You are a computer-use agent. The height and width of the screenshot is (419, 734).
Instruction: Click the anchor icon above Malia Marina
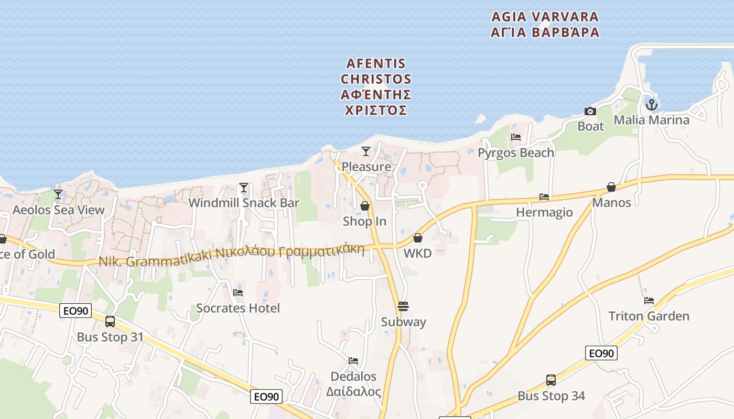point(651,105)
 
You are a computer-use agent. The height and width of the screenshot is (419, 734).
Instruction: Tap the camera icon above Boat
point(590,111)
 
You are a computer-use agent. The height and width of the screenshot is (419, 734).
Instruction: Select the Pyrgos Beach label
point(516,153)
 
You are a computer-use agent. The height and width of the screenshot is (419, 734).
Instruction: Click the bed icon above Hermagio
point(544,197)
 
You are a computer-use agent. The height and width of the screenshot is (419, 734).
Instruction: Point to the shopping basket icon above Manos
point(611,187)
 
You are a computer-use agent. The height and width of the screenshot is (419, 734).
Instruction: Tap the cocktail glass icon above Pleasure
point(366,151)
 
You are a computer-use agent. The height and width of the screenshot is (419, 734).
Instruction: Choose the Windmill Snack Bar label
point(244,203)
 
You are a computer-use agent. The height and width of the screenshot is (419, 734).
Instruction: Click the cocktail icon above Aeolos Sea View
point(58,194)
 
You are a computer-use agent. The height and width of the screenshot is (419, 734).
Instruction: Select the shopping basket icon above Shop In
point(365,206)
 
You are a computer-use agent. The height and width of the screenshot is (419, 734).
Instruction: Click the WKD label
point(418,253)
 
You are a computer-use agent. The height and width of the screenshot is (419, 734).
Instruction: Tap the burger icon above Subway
point(403,306)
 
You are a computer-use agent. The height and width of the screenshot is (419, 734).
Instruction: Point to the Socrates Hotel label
point(238,308)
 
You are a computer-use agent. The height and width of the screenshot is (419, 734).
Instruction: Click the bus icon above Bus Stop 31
point(110,322)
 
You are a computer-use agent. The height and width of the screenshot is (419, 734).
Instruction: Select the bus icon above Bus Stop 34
point(551,380)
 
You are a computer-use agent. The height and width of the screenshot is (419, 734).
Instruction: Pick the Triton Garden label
point(649,316)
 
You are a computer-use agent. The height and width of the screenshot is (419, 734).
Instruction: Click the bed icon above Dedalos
point(353,361)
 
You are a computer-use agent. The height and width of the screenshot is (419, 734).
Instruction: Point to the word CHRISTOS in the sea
point(376,79)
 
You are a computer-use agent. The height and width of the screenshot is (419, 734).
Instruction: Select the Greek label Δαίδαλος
point(353,391)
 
